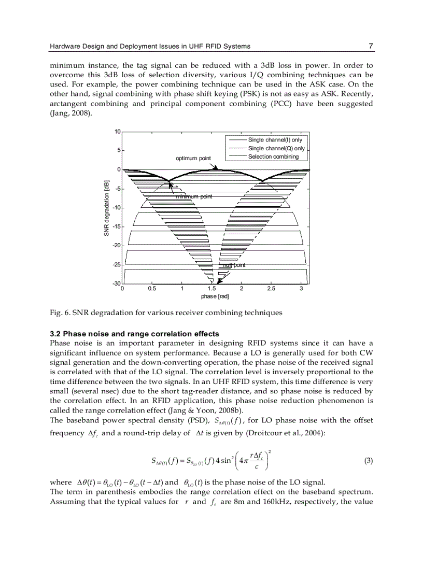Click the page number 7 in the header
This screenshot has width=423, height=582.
tap(371, 46)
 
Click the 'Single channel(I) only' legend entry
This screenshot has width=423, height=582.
tap(275, 140)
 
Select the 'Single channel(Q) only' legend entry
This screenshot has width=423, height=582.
tap(276, 148)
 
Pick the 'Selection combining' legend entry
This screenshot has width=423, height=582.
tap(273, 157)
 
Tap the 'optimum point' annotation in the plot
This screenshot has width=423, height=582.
tap(193, 158)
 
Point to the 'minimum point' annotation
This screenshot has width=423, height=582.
tap(193, 196)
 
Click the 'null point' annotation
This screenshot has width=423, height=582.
tap(234, 265)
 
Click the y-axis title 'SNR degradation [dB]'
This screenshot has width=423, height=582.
tap(106, 208)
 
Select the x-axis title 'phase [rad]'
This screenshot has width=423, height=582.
tap(215, 296)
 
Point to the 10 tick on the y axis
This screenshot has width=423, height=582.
tap(118, 132)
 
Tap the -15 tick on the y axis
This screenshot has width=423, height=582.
tap(117, 226)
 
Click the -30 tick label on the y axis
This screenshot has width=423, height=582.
tap(117, 283)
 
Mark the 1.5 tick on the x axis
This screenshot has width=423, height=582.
tap(212, 289)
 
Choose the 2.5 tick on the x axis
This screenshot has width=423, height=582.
tap(271, 289)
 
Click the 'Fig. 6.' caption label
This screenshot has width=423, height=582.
tap(59, 313)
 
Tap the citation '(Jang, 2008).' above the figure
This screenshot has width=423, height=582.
tap(71, 113)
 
